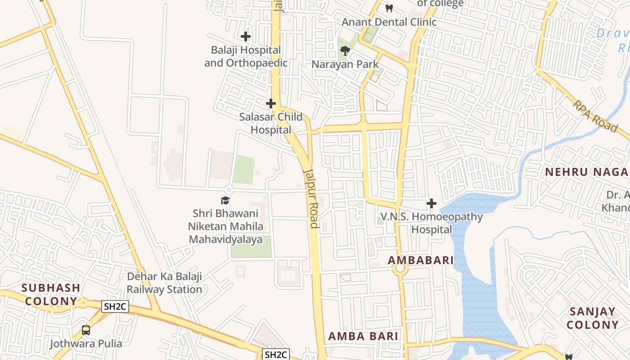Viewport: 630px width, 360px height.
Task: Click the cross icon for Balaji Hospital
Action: (x=246, y=36)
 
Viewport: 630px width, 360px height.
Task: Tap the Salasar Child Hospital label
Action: (x=270, y=123)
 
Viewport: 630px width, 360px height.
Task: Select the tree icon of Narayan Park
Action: (x=345, y=51)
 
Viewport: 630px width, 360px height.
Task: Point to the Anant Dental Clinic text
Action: (x=389, y=22)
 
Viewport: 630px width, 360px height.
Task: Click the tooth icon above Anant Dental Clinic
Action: (x=390, y=8)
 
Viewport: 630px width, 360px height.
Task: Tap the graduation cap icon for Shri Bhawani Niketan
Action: (x=225, y=200)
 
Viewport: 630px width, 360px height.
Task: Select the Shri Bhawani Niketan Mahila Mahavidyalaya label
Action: (x=225, y=226)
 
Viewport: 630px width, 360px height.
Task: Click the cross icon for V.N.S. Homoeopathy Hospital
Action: (x=432, y=203)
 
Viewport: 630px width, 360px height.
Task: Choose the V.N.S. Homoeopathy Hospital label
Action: (x=432, y=223)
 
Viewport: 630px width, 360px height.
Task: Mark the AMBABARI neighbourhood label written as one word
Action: (x=421, y=260)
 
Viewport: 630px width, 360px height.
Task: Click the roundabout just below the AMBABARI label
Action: (x=399, y=269)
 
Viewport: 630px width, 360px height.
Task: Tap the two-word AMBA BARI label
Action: (x=363, y=336)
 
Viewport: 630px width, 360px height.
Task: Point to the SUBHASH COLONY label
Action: (x=51, y=294)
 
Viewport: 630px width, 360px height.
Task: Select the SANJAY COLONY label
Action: (x=592, y=318)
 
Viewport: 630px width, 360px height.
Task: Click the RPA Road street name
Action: (x=595, y=116)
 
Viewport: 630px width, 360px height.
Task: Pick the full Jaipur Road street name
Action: (x=311, y=198)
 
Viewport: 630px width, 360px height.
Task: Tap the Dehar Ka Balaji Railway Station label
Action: (x=164, y=283)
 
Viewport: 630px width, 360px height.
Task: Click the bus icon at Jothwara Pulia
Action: (x=86, y=330)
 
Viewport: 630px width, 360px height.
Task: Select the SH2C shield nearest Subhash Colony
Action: (x=115, y=307)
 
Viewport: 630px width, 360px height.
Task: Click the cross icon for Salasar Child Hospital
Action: (x=270, y=104)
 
